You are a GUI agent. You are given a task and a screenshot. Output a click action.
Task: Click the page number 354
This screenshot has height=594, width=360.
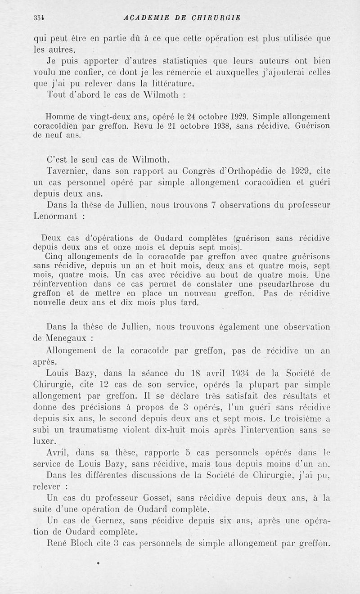[x=38, y=18]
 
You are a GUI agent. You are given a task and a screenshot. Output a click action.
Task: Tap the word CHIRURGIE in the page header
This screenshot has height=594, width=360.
[x=216, y=18]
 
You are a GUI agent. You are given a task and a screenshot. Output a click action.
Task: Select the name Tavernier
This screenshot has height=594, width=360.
[x=67, y=171]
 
